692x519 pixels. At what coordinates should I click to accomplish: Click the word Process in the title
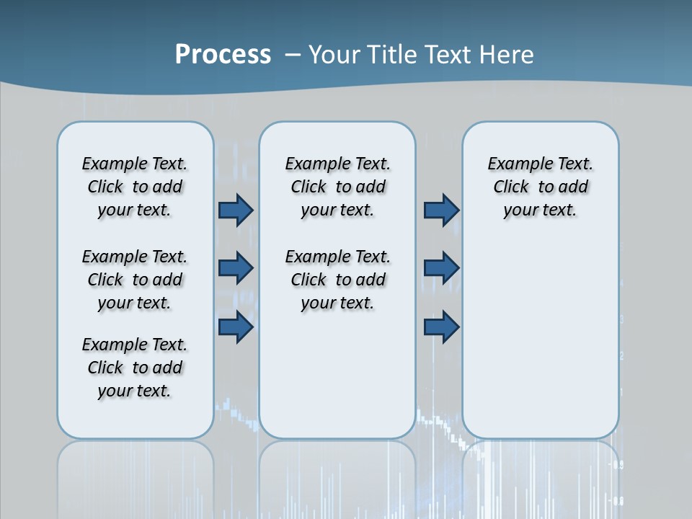(223, 54)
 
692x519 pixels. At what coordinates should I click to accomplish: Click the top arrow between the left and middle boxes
(236, 210)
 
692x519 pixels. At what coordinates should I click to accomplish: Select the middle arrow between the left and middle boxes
(236, 269)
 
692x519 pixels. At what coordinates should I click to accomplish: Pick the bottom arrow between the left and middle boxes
(236, 327)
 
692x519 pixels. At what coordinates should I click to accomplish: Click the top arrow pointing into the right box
(441, 210)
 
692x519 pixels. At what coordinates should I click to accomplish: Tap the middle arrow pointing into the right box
(441, 269)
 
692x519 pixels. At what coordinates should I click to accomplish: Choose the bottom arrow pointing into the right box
(441, 327)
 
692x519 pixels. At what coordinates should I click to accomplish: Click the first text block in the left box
(135, 187)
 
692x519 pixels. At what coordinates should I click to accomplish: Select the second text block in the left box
(135, 280)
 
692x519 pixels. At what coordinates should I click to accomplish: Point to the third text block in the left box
(135, 368)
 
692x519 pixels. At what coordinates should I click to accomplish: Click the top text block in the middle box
(337, 187)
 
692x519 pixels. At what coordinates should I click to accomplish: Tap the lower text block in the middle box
(337, 280)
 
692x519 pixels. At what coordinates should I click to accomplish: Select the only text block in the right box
(540, 187)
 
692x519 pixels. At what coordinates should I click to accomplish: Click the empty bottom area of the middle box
(337, 382)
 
